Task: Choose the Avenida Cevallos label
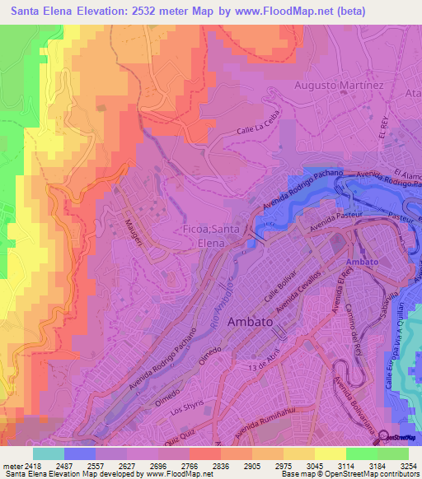(298, 290)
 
